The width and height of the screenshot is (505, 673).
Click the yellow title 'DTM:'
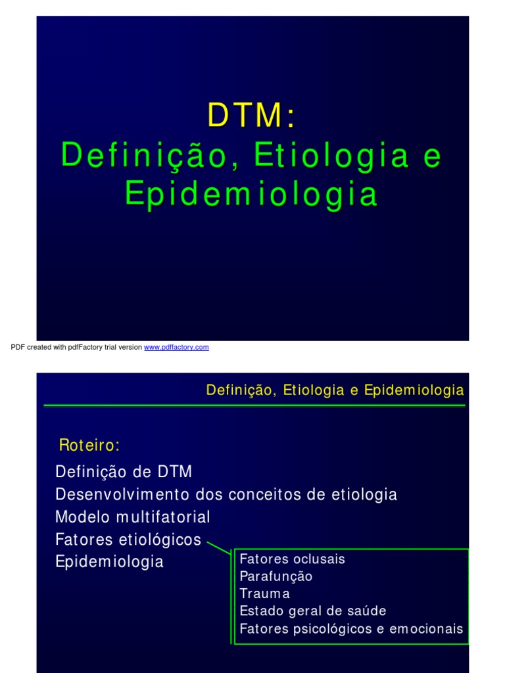point(252,117)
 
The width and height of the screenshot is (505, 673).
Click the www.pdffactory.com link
point(176,347)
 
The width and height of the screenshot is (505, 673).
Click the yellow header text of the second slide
point(335,390)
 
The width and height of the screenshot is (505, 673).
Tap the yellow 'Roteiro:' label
point(89,446)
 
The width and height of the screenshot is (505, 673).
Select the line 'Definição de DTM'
point(124,472)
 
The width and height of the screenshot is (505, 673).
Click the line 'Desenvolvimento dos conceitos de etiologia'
point(226,494)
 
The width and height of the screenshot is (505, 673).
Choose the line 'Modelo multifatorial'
point(133,517)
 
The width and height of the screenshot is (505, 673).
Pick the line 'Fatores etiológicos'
point(128,540)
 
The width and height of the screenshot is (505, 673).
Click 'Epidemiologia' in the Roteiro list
point(110,563)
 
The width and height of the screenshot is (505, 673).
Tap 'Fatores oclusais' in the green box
point(293,559)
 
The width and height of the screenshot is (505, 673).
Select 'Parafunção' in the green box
point(276,576)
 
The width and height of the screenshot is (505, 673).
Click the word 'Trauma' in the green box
point(265,594)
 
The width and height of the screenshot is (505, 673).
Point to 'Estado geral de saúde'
point(313,611)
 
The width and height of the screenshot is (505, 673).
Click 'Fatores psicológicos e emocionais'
point(351,629)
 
